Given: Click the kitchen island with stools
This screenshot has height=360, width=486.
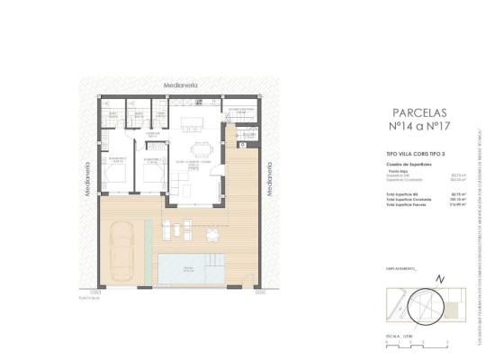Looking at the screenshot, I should (x=193, y=121).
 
